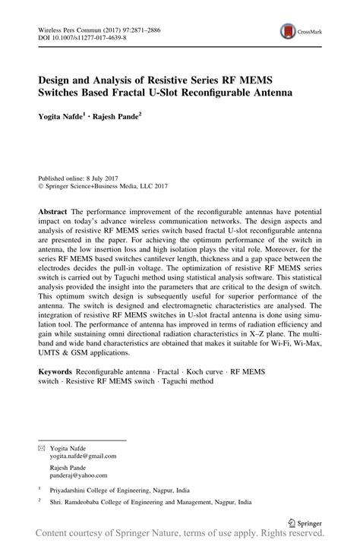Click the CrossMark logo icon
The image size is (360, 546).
click(289, 32)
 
